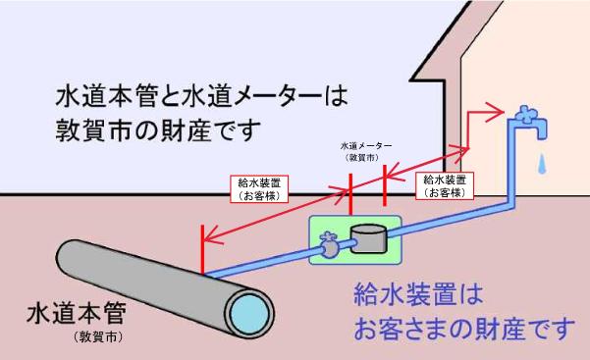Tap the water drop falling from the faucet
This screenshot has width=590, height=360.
[x=539, y=158]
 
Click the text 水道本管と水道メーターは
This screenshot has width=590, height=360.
[x=201, y=97]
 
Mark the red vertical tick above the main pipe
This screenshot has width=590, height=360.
[x=201, y=250]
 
